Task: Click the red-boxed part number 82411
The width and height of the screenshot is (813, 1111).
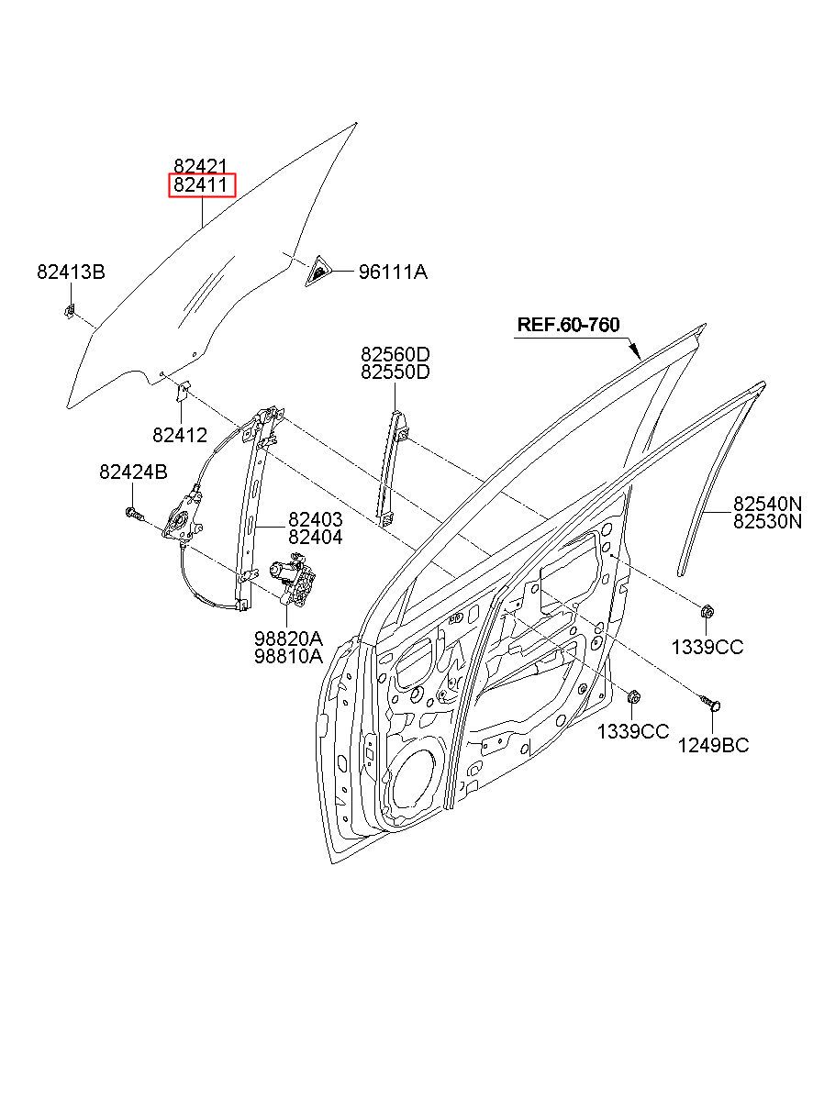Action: tap(201, 185)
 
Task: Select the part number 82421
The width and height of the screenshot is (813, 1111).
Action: tap(200, 166)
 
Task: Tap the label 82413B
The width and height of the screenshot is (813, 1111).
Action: tap(71, 272)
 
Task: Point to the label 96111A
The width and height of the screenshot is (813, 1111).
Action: tap(393, 272)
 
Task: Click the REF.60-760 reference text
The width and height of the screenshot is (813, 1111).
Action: tap(568, 325)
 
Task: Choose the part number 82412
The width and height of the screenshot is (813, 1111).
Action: tap(180, 435)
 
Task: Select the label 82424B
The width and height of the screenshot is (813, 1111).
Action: tap(133, 472)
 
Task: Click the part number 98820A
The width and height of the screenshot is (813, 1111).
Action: tap(288, 638)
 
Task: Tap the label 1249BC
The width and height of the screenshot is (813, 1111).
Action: tap(713, 760)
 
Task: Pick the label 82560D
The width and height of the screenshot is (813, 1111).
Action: tap(395, 354)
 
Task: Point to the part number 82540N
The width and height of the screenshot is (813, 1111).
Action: tap(768, 504)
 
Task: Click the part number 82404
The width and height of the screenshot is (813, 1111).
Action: tap(316, 537)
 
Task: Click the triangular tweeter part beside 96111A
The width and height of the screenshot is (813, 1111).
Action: tap(317, 272)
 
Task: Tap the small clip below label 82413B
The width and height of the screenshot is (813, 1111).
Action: tap(70, 311)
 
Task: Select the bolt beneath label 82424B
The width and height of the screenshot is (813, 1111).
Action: tap(135, 514)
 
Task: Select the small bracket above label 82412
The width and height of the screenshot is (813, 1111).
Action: tap(183, 392)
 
